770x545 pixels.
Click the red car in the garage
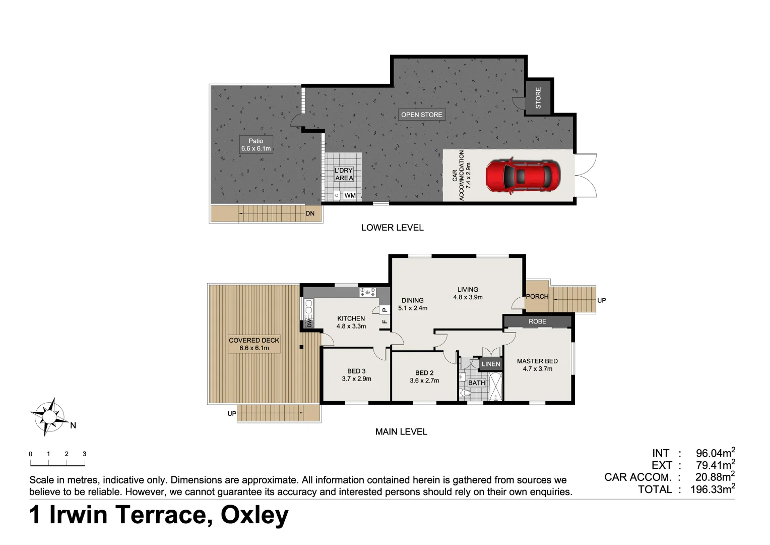pos(523,176)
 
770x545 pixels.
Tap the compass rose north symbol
pos(49,417)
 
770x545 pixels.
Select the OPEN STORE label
pos(422,115)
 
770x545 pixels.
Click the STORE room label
pos(538,97)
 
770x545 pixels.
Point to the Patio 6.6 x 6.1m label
pos(256,145)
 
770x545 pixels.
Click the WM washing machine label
pos(350,196)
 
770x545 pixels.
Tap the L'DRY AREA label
pos(344,174)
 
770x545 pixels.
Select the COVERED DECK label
pos(254,344)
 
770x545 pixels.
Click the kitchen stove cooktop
pos(367,292)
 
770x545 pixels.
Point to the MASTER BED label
pos(537,365)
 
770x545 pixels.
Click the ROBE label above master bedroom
pos(537,321)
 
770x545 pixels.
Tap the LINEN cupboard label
pos(491,364)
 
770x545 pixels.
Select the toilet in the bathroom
pos(466,392)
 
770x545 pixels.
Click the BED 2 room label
pos(424,376)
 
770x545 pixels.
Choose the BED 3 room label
pos(356,375)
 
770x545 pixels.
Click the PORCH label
pos(537,297)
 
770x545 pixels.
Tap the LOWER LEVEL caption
pos(392,228)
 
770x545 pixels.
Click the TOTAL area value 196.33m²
pos(713,489)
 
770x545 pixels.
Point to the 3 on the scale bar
pos(84,454)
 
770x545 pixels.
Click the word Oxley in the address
pos(254,515)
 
